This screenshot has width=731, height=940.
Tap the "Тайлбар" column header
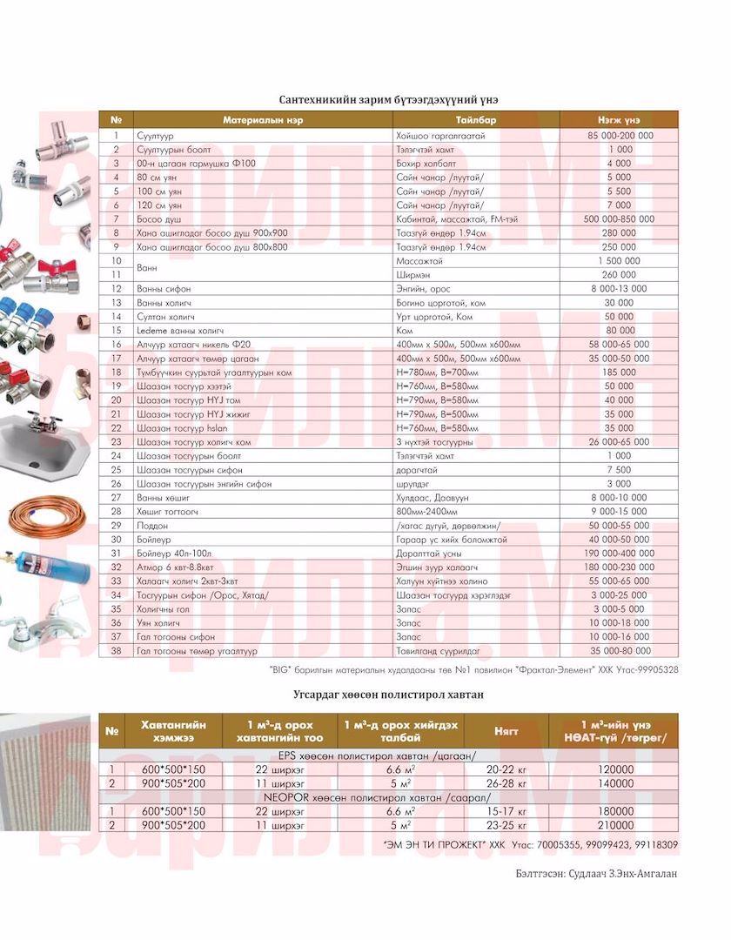pos(476,119)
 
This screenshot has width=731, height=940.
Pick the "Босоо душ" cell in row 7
pos(158,219)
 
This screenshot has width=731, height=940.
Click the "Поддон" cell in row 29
pos(151,526)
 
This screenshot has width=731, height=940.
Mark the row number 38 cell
pos(116,651)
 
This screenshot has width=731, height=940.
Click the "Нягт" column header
pos(506,731)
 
